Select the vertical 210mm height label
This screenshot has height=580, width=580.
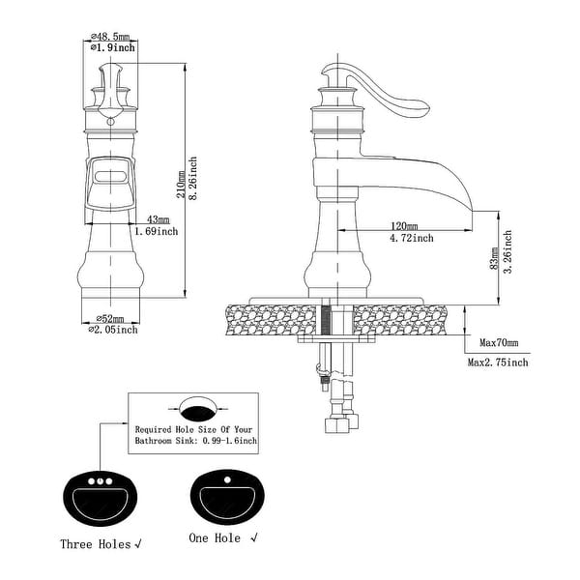(181, 180)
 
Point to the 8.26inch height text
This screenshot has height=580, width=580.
(193, 178)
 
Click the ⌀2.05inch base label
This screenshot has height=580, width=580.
(113, 330)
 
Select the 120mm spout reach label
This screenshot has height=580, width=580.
(405, 223)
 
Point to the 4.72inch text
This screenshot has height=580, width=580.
(411, 236)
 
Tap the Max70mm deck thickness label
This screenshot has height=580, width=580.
(499, 343)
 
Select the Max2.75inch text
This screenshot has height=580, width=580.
(498, 362)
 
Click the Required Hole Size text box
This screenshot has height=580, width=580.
(194, 422)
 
